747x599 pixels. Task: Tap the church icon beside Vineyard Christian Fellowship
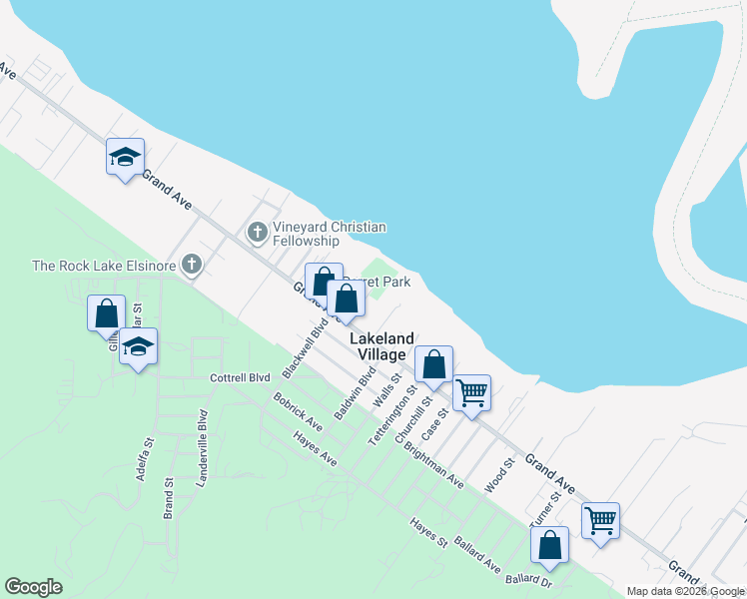pos(257,234)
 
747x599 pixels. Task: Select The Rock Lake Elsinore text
pos(105,266)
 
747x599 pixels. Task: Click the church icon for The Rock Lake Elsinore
pos(193,266)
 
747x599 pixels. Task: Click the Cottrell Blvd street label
pos(240,378)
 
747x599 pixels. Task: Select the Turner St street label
pos(544,509)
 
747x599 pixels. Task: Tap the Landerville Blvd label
pos(202,434)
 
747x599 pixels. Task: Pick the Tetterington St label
pos(391,420)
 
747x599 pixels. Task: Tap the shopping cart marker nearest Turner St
pos(600,520)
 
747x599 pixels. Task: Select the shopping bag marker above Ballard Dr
pos(549,545)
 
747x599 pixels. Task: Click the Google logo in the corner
pos(33,587)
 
